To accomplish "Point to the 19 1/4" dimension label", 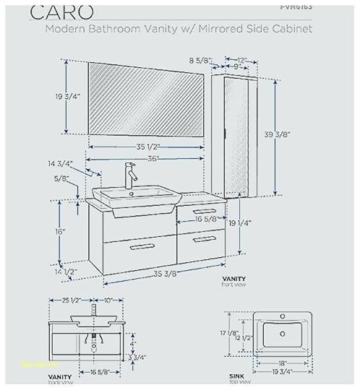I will [239, 224].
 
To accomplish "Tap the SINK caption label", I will [234, 376].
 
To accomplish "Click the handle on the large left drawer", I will [143, 247].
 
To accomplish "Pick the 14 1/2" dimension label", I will [66, 272].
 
